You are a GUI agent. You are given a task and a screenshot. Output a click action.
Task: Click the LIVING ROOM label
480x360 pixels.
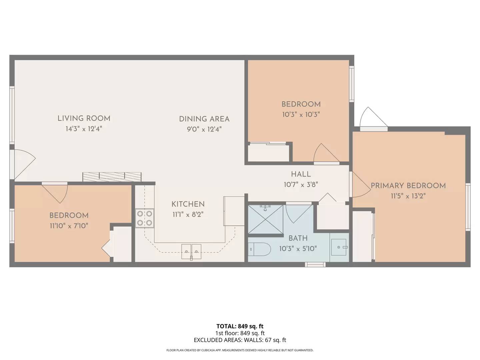point(84,118)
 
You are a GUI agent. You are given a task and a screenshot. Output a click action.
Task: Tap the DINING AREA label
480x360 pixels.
point(204,119)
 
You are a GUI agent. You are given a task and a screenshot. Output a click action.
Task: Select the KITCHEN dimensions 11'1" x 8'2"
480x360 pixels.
point(188,214)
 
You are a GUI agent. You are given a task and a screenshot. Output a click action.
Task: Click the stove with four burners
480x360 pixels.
point(145,218)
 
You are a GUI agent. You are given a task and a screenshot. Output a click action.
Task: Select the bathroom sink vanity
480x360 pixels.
point(339,247)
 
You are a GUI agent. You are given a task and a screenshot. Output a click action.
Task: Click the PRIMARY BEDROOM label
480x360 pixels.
point(408,186)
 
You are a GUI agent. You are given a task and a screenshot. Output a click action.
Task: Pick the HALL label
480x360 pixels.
point(301,174)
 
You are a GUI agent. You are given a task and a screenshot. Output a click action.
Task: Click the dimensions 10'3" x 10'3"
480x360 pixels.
point(301,114)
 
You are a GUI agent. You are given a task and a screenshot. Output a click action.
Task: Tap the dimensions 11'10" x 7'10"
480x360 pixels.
point(69,226)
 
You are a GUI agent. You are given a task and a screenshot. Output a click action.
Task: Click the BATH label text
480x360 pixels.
point(298,238)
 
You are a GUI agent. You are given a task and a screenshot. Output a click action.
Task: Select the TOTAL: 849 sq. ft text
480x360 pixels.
point(240,326)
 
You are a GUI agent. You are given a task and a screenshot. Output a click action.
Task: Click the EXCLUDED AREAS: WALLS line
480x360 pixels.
point(240,340)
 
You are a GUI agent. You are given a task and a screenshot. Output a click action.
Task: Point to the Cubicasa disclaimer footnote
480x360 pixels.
point(240,350)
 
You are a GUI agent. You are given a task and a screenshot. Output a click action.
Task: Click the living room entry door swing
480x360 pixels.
point(23,163)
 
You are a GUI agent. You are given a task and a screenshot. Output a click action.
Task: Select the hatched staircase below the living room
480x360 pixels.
point(112,177)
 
